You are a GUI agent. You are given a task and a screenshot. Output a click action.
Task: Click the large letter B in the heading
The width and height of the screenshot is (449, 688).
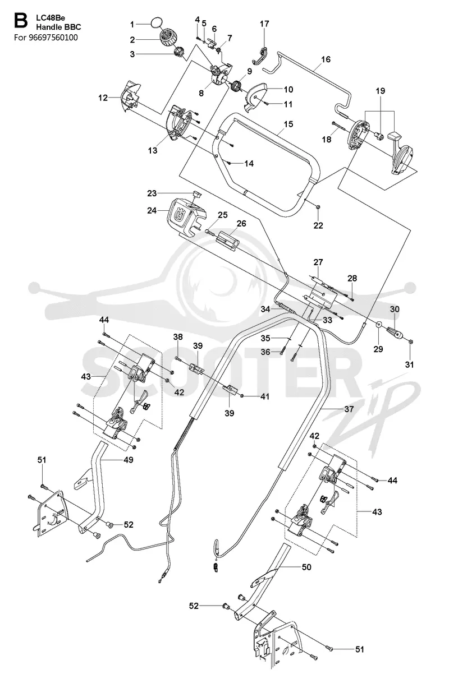pos(21,21)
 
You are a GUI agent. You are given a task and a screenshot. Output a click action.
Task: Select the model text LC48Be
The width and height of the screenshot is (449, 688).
pos(51,18)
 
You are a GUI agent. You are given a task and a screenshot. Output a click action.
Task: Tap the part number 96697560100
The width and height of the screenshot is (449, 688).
pos(53,38)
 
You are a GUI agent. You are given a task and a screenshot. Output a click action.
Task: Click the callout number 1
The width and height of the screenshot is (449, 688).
pos(132,25)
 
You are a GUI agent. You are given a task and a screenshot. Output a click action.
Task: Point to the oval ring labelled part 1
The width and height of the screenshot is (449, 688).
pos(157,24)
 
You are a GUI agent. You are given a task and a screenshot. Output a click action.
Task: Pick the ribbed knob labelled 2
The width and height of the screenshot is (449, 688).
pos(167,38)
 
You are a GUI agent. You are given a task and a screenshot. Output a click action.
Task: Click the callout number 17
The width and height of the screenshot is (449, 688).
pos(264,24)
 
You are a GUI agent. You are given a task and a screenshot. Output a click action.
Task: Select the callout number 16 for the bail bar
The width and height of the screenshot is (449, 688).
pos(326,59)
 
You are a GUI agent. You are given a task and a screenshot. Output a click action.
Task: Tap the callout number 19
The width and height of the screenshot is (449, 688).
pos(381,91)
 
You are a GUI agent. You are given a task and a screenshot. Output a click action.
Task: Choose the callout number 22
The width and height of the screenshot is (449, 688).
pos(318,225)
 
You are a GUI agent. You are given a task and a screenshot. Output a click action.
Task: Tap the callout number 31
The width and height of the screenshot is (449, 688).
pos(409,364)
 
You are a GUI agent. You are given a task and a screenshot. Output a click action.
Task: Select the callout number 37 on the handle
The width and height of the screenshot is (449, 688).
pos(349,409)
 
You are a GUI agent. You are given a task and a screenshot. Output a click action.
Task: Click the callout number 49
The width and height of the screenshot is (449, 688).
pos(128,460)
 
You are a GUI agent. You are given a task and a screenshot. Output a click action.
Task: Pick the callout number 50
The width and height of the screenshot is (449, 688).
pos(306,567)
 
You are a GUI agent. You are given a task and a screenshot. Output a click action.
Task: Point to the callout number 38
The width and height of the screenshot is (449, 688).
pos(178,337)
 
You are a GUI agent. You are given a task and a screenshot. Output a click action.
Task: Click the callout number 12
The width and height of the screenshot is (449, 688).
pos(103,98)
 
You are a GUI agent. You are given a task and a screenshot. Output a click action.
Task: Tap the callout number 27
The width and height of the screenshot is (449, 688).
pos(318,262)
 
